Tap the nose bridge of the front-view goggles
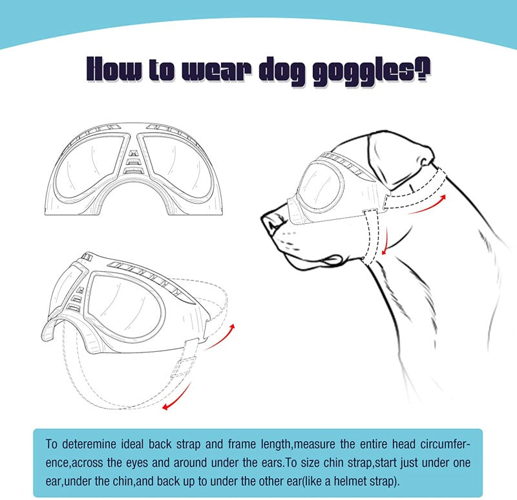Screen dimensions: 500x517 coord(134,158)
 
